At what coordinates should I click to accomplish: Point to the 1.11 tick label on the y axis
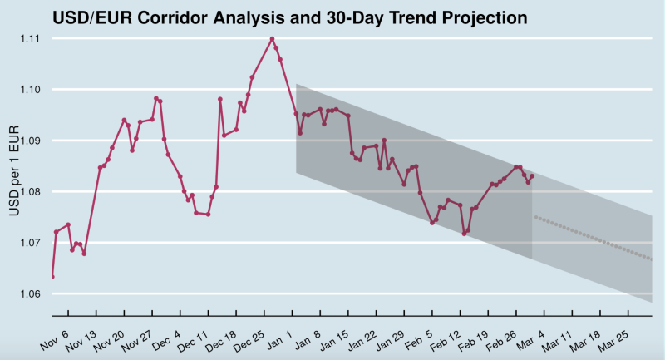(x=31, y=38)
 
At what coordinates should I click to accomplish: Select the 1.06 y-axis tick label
(x=31, y=294)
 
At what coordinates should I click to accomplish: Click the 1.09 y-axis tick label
(x=31, y=141)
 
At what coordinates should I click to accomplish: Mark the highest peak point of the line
(x=272, y=38)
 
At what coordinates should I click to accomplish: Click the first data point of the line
(x=52, y=276)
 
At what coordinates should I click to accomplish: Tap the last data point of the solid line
(x=532, y=176)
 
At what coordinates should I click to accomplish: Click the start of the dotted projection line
(x=536, y=217)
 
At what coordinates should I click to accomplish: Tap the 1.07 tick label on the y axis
(x=31, y=243)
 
